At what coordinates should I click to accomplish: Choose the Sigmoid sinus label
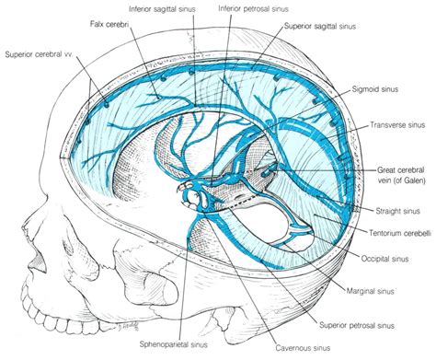(x=376, y=92)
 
